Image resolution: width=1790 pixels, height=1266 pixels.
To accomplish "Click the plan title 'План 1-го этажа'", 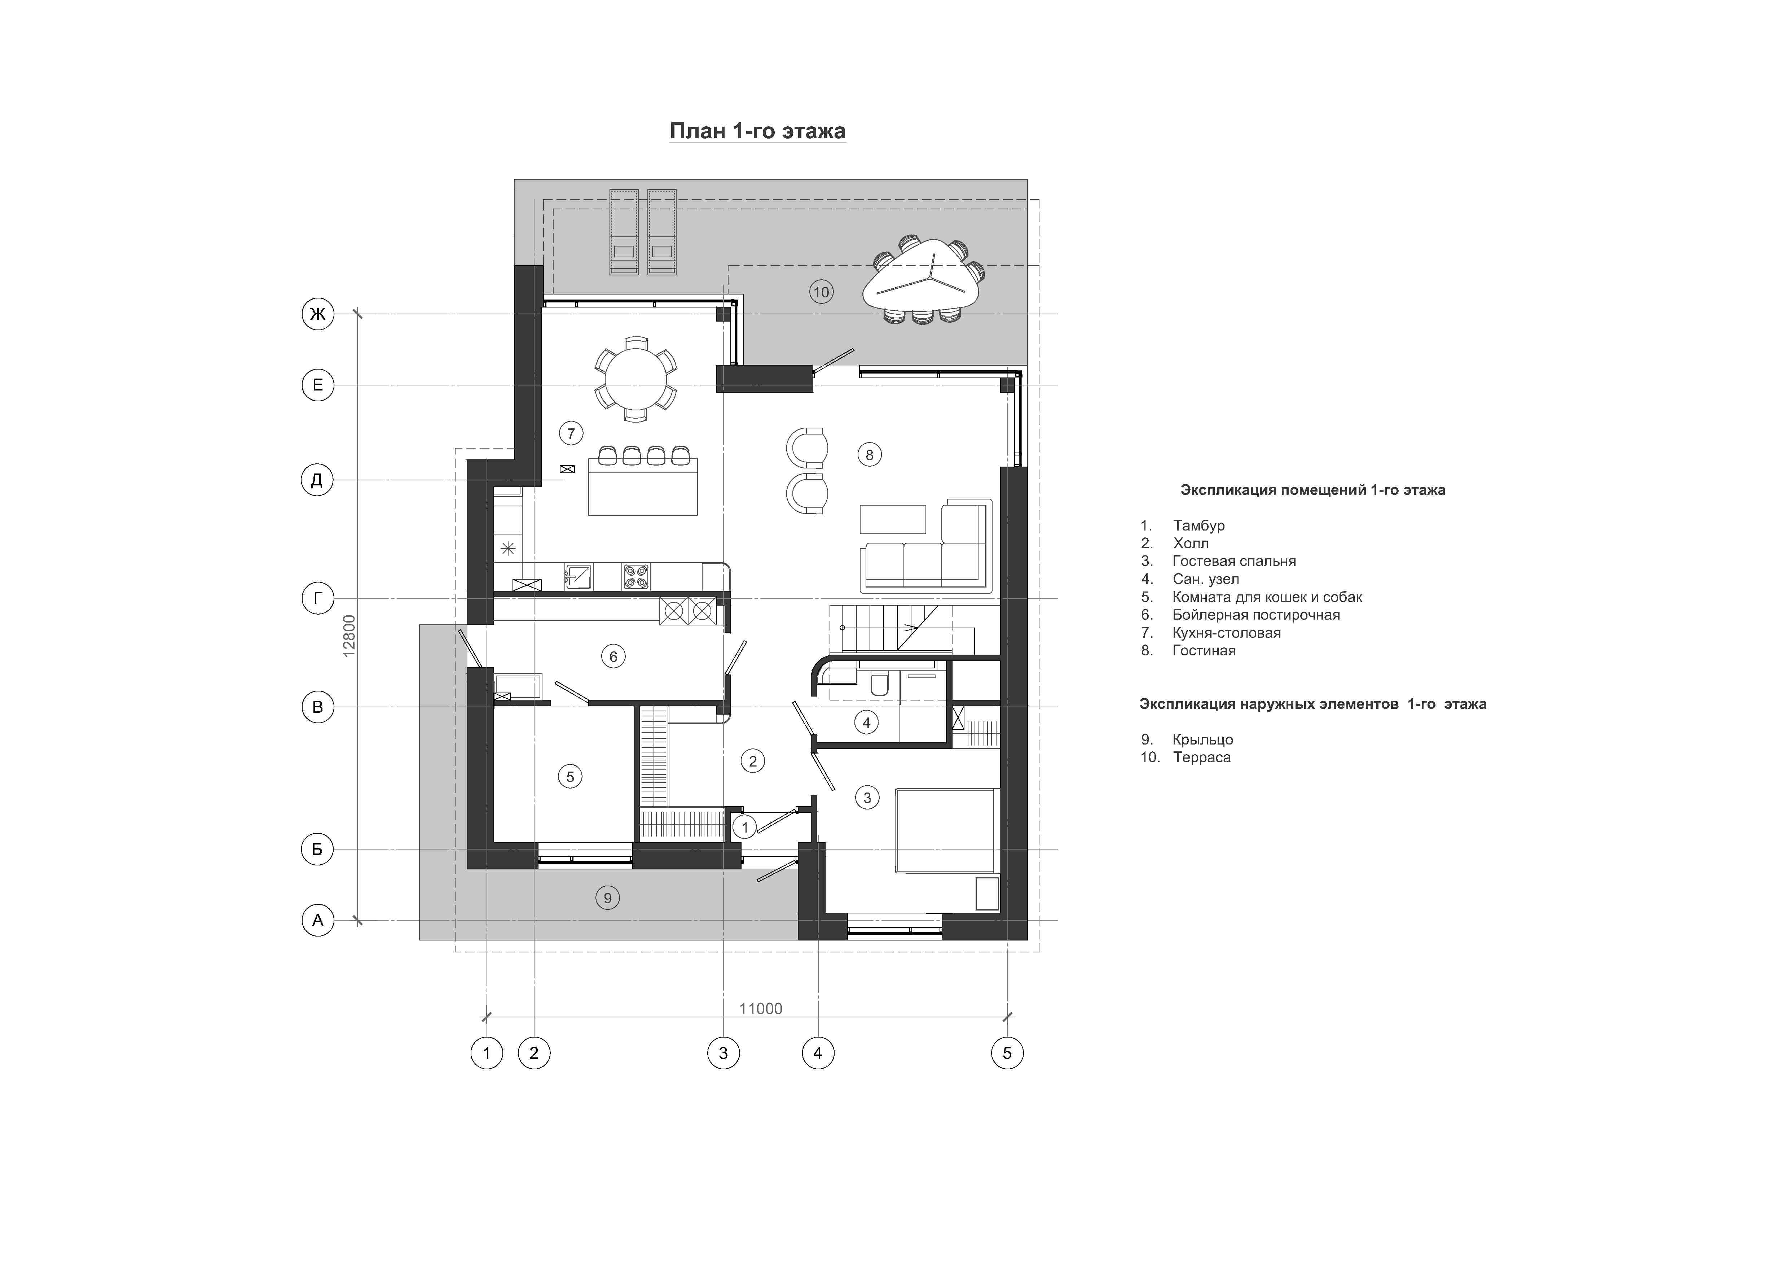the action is [757, 131].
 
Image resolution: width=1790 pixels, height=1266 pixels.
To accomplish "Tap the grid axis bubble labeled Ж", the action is [317, 314].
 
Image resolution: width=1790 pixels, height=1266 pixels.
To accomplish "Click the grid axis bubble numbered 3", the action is [724, 1053].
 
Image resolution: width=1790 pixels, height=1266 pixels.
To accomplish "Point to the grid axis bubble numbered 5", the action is [1007, 1053].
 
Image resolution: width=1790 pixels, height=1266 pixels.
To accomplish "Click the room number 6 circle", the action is [613, 657].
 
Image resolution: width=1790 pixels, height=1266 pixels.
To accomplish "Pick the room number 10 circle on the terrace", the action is [821, 293].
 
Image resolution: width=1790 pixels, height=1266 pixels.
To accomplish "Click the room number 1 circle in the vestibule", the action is [744, 827].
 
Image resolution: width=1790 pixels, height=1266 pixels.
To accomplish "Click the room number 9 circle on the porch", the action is [608, 898].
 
